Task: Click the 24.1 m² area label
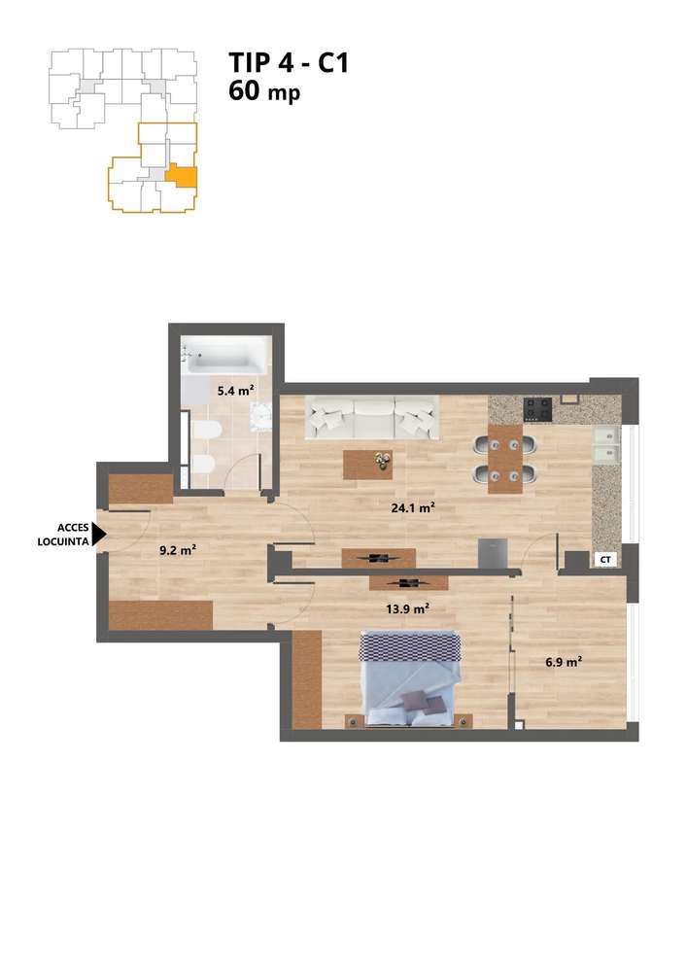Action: (413, 507)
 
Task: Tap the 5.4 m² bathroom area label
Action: (235, 391)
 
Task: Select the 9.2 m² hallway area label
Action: (178, 549)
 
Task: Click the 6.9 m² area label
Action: (563, 661)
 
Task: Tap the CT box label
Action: (604, 560)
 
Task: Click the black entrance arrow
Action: (98, 536)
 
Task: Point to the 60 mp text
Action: (264, 93)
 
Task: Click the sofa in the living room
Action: (372, 418)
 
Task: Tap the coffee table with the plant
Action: (369, 464)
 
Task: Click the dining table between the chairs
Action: (503, 459)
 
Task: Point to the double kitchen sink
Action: (605, 443)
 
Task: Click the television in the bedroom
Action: (408, 583)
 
